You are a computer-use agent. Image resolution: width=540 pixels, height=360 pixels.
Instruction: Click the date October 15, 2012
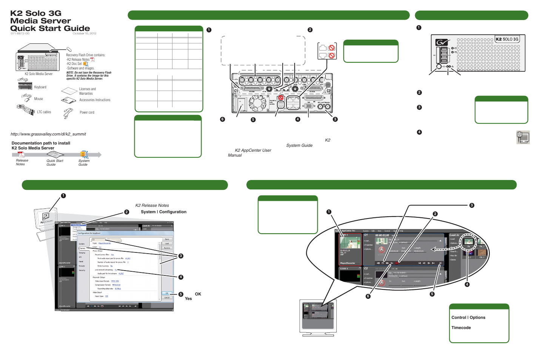coord(85,34)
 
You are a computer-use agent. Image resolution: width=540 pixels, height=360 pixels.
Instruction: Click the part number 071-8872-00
coord(20,34)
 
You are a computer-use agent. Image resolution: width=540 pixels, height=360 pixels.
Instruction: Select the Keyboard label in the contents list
coord(40,87)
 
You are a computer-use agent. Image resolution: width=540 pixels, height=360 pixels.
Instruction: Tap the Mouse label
coord(38,99)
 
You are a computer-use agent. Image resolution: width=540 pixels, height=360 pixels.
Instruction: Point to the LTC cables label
coord(44,112)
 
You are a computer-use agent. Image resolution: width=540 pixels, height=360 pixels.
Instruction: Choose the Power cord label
coord(87,112)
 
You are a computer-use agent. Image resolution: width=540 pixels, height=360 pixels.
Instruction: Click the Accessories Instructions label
coord(95,100)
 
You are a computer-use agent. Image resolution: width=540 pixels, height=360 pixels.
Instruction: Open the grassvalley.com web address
coord(48,134)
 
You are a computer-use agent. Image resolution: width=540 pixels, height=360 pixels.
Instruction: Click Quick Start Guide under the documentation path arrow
coord(55,163)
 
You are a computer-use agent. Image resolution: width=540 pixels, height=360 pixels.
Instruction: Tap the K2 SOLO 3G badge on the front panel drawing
coord(507,39)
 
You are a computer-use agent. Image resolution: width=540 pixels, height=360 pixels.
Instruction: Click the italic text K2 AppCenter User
coord(253,150)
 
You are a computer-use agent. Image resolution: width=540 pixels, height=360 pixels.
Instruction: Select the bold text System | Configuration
coord(163,212)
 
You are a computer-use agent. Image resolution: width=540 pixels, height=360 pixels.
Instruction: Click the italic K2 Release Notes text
coord(152,205)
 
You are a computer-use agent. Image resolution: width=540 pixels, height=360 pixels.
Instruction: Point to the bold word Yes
coord(188,298)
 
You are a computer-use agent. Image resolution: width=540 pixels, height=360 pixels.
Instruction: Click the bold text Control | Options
coord(468,317)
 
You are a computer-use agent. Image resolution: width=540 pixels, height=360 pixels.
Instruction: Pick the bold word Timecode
coord(461,328)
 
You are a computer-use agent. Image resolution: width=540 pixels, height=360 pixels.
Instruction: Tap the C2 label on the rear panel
coord(328,91)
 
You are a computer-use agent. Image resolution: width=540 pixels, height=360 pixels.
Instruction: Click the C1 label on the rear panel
coord(236,91)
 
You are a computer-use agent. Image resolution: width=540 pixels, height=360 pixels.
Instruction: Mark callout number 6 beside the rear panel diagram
coord(223,119)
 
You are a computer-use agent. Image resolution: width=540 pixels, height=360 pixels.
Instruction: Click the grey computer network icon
coord(523,137)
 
